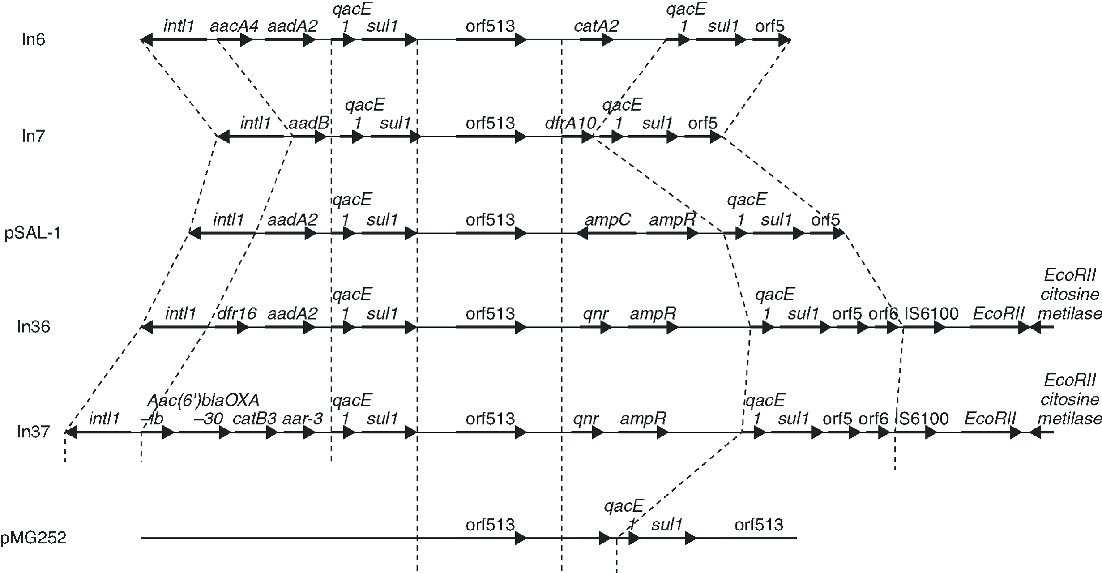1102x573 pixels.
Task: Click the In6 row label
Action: (x=34, y=40)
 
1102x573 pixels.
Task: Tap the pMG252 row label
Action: (x=33, y=538)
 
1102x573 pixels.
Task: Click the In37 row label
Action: (x=34, y=432)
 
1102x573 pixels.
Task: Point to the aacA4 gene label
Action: (x=234, y=27)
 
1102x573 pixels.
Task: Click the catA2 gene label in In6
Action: (x=596, y=26)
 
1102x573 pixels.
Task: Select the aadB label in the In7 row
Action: (x=308, y=123)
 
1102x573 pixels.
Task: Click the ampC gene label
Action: (x=607, y=220)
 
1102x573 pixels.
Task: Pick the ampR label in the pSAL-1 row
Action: (x=672, y=220)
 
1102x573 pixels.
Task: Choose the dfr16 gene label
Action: (x=236, y=314)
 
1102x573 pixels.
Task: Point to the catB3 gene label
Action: (x=255, y=419)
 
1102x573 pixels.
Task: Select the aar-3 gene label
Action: (x=303, y=419)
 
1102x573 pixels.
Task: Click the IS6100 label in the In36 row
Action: (x=931, y=314)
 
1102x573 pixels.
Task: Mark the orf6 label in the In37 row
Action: (x=873, y=419)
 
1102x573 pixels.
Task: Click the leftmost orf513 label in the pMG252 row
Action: (x=490, y=525)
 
